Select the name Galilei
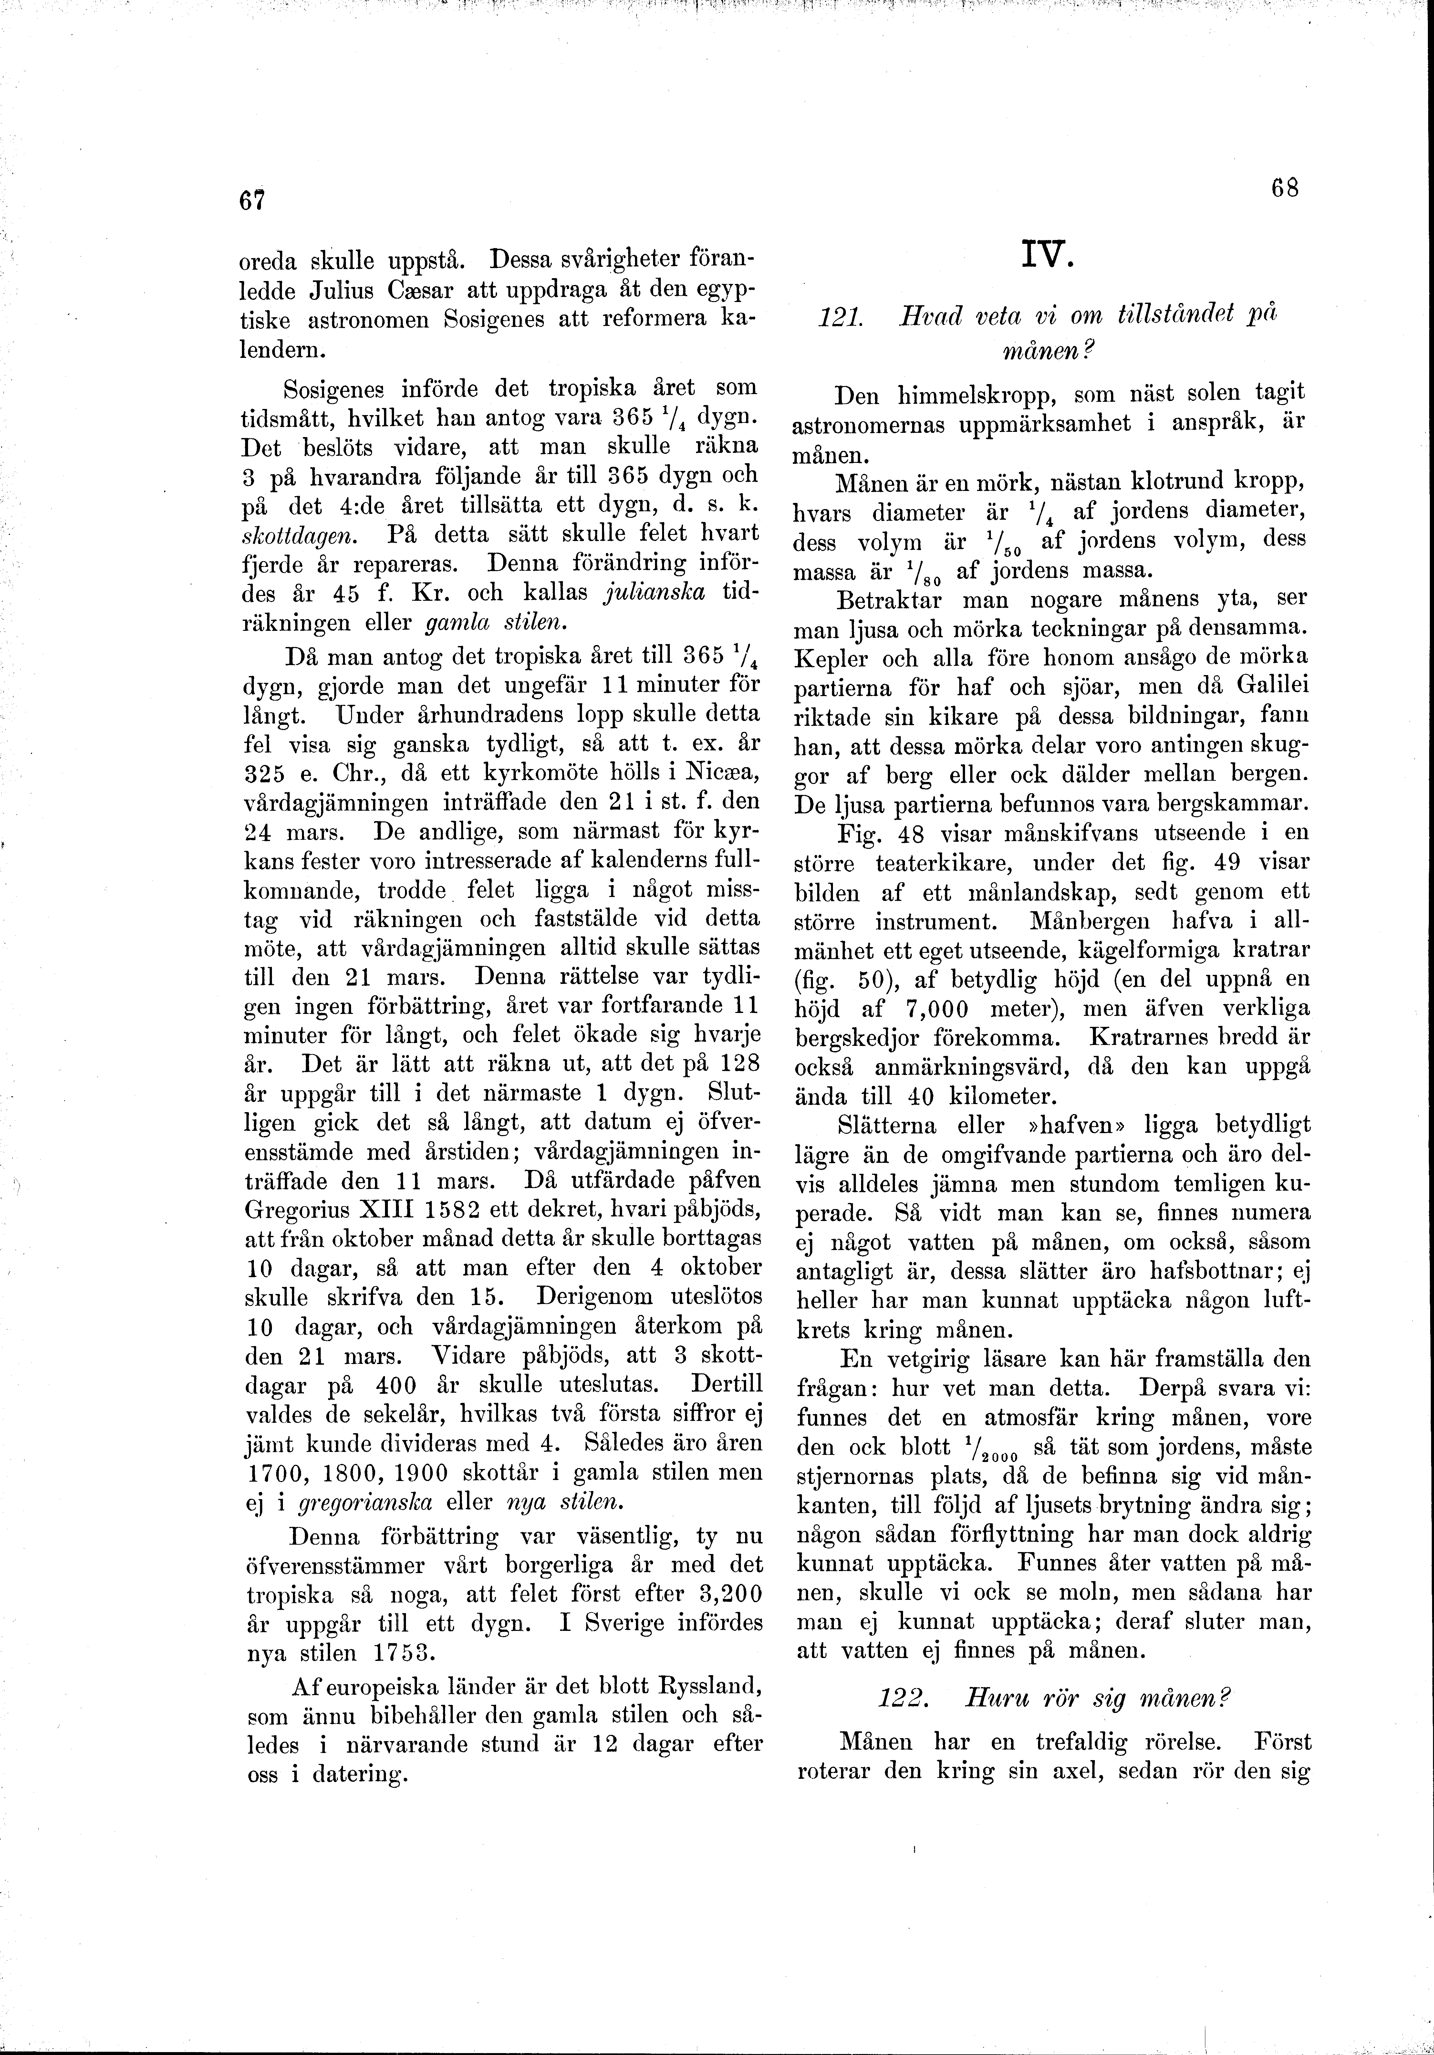pyautogui.click(x=1273, y=687)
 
